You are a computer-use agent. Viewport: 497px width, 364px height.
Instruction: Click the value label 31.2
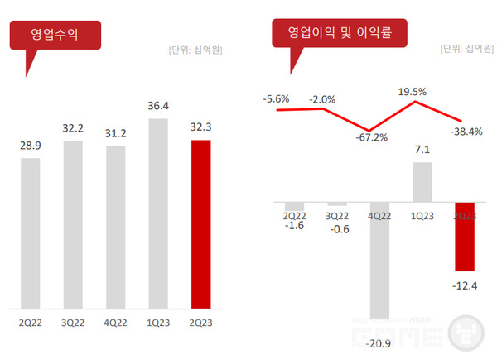click(x=115, y=133)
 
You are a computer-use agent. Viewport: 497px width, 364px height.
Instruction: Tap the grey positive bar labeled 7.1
click(x=422, y=182)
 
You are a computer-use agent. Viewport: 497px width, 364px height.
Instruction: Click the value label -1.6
click(x=294, y=225)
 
